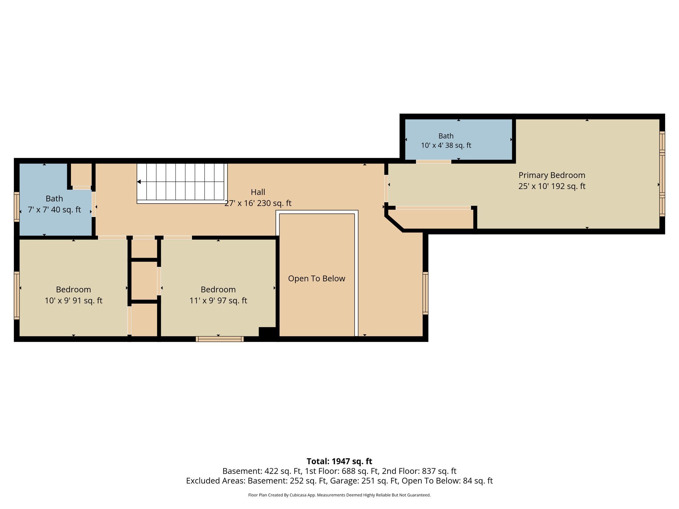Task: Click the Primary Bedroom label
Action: click(x=552, y=176)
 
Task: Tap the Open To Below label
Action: click(x=317, y=279)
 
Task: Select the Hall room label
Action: click(x=258, y=192)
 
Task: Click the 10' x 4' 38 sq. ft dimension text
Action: click(x=446, y=145)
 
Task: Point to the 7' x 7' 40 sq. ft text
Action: click(x=54, y=210)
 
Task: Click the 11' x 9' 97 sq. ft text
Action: click(x=218, y=301)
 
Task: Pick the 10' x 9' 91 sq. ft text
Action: click(x=74, y=301)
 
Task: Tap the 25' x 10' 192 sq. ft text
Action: click(x=552, y=186)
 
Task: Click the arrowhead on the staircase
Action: click(x=139, y=182)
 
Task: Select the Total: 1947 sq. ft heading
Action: click(x=339, y=461)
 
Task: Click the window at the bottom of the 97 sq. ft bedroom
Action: click(x=220, y=339)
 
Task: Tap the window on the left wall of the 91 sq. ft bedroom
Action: click(x=17, y=296)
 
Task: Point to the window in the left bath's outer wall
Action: click(x=17, y=207)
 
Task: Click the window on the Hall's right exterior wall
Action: click(x=425, y=293)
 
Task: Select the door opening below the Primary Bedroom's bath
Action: click(x=434, y=162)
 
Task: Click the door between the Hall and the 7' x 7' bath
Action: click(x=94, y=204)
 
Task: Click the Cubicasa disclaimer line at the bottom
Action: click(x=339, y=495)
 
